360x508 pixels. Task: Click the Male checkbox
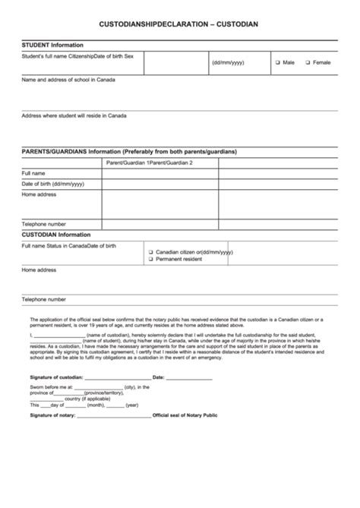(x=278, y=62)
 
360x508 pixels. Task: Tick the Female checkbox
(x=308, y=62)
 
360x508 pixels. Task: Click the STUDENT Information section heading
(x=52, y=46)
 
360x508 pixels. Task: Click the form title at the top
(x=178, y=24)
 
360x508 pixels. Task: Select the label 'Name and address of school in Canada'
(x=67, y=80)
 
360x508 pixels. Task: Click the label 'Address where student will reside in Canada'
(x=74, y=115)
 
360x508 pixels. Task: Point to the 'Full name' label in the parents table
(x=33, y=173)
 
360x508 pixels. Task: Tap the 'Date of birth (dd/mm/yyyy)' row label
(x=52, y=184)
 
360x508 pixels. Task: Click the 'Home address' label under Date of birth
(x=39, y=194)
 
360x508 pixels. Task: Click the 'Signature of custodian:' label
(x=56, y=377)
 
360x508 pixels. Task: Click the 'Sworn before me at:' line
(x=51, y=387)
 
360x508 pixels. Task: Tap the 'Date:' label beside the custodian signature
(x=159, y=377)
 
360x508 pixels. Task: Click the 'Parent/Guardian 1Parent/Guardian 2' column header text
(x=150, y=163)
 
